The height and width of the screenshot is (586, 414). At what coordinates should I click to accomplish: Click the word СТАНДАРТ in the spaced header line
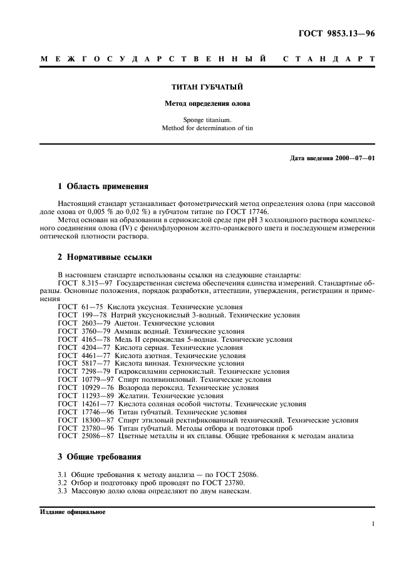[329, 59]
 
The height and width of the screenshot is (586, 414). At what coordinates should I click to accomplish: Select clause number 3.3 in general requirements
[63, 491]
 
